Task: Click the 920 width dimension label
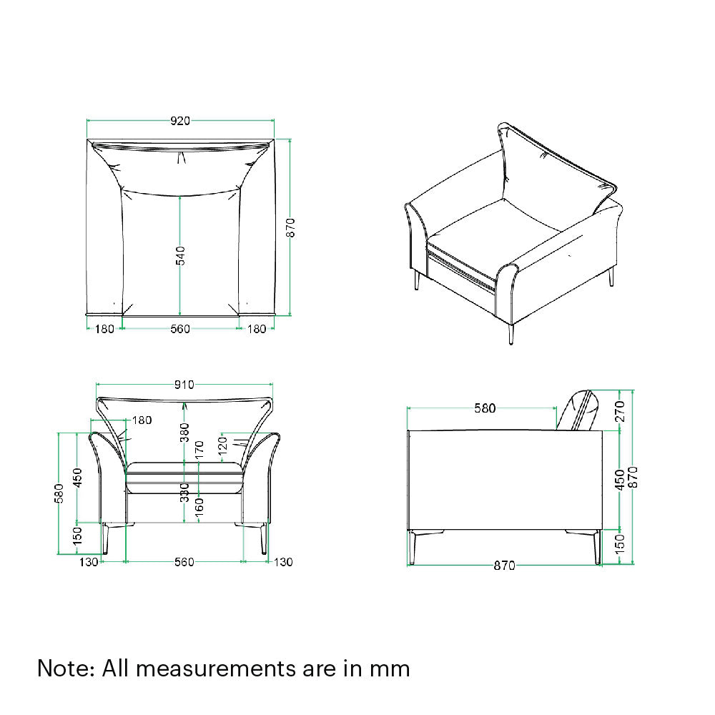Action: [x=180, y=121]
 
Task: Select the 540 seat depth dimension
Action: [x=181, y=257]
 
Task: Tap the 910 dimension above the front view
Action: [x=184, y=385]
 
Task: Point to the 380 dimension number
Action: [x=184, y=432]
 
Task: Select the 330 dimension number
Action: [x=184, y=491]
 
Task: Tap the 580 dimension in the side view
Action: [x=485, y=409]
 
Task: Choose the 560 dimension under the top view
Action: [x=180, y=329]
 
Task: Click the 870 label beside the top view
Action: [x=291, y=228]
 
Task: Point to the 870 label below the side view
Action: [x=504, y=566]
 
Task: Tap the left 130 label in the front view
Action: [x=89, y=563]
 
